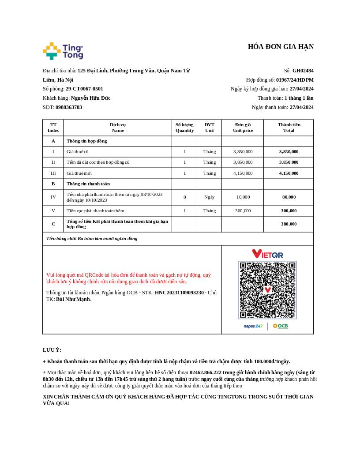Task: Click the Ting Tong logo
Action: pos(63,51)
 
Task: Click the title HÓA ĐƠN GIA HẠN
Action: pos(281,47)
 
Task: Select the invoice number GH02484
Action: pos(303,71)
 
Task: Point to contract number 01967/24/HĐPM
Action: pos(295,80)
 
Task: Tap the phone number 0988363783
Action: pos(69,107)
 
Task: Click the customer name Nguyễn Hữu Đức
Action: pos(90,98)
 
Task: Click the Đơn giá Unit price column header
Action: pos(243,128)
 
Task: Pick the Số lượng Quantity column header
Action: pos(184,128)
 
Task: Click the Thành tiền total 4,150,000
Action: pos(289,173)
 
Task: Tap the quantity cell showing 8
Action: pos(184,197)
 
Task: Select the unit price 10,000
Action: pos(243,197)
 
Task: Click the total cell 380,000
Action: pos(289,224)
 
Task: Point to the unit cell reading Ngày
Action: pos(209,197)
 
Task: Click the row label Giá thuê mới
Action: pos(79,173)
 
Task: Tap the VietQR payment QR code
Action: pos(267,289)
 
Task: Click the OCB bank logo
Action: pos(280,326)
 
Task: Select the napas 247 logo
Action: pos(253,326)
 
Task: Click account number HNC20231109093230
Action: pos(179,293)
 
